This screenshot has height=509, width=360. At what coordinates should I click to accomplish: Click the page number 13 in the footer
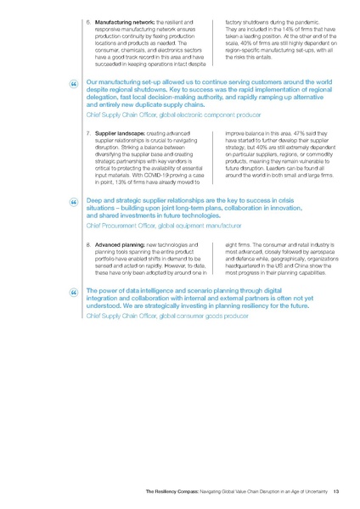click(336, 490)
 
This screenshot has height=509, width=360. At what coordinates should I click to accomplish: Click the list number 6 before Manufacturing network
click(89, 20)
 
